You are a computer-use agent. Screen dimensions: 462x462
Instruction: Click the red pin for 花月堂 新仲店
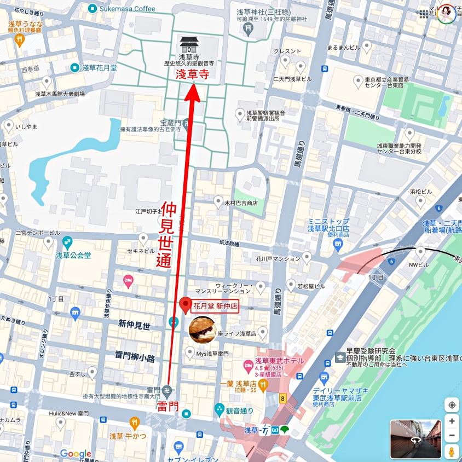pos(186,304)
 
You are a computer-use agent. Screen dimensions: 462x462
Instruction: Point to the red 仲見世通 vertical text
pos(166,234)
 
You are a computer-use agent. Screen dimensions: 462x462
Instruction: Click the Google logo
pos(76,453)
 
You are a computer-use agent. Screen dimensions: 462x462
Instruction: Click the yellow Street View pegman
pos(452,452)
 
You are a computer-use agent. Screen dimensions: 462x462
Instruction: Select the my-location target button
pos(452,405)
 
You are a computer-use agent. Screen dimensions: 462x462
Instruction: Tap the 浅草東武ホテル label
pos(279,361)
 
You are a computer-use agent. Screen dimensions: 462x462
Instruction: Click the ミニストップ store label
pos(328,224)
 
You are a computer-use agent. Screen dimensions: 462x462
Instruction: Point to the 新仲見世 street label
pos(134,325)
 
